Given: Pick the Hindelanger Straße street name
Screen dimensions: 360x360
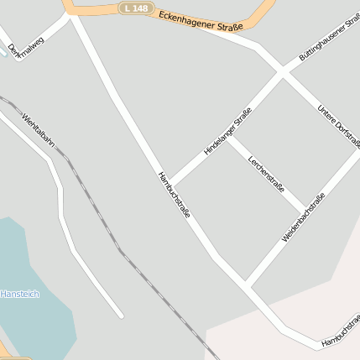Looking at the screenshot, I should (x=227, y=132).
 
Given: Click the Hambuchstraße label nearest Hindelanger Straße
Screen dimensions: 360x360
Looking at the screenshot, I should (x=173, y=196).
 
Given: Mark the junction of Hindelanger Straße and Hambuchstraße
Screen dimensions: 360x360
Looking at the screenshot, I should (x=172, y=184).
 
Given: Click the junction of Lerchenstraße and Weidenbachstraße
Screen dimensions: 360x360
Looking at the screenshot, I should (x=304, y=210).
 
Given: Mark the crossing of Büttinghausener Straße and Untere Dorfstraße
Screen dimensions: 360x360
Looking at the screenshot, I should (x=284, y=74).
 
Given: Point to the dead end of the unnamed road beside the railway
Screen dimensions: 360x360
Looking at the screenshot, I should (x=122, y=316).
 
